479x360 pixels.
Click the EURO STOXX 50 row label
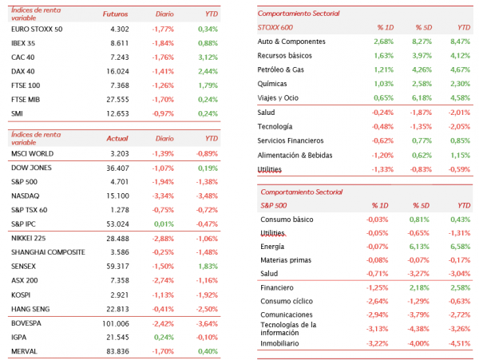click(x=37, y=30)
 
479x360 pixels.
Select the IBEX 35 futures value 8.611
click(x=120, y=43)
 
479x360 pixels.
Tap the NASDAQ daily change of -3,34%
click(x=163, y=196)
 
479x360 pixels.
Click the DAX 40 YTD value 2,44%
click(x=208, y=72)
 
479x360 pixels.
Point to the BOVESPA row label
click(x=26, y=323)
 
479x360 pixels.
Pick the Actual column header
click(x=117, y=139)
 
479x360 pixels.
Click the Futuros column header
click(x=116, y=14)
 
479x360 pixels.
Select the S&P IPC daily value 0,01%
click(x=164, y=224)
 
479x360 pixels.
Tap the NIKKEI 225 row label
click(x=29, y=238)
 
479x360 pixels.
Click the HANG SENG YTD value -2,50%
click(x=207, y=309)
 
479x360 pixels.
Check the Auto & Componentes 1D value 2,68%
click(x=384, y=42)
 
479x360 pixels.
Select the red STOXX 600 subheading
click(x=275, y=27)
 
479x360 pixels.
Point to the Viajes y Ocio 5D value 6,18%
click(x=422, y=98)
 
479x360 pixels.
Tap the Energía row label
click(x=272, y=247)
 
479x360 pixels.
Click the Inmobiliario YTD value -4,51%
click(x=460, y=343)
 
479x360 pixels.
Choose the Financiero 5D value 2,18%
click(x=419, y=287)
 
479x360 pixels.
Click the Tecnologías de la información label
click(x=288, y=329)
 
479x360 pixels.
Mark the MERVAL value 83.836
click(x=117, y=351)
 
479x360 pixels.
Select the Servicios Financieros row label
click(x=291, y=140)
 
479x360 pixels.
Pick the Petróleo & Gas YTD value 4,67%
click(x=460, y=69)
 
